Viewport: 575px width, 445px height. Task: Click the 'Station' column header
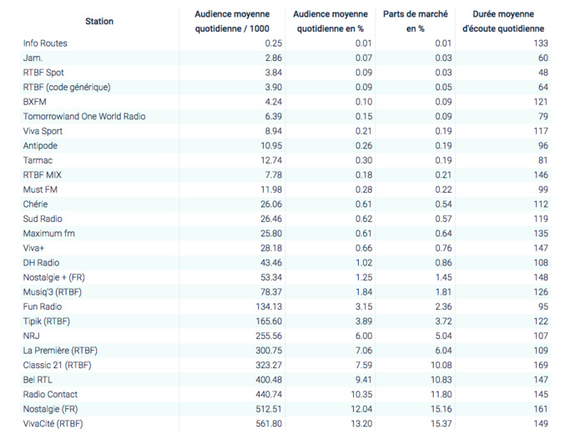point(99,21)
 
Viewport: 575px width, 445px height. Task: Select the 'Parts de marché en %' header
point(416,21)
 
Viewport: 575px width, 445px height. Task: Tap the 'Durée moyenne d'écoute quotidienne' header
point(503,21)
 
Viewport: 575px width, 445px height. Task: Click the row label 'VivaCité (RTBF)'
point(53,423)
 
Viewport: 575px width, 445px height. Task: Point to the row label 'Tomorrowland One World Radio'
point(84,116)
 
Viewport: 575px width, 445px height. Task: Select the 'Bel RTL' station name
point(39,380)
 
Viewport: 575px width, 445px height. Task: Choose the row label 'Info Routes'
point(46,43)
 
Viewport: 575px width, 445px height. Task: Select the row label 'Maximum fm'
point(49,233)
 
